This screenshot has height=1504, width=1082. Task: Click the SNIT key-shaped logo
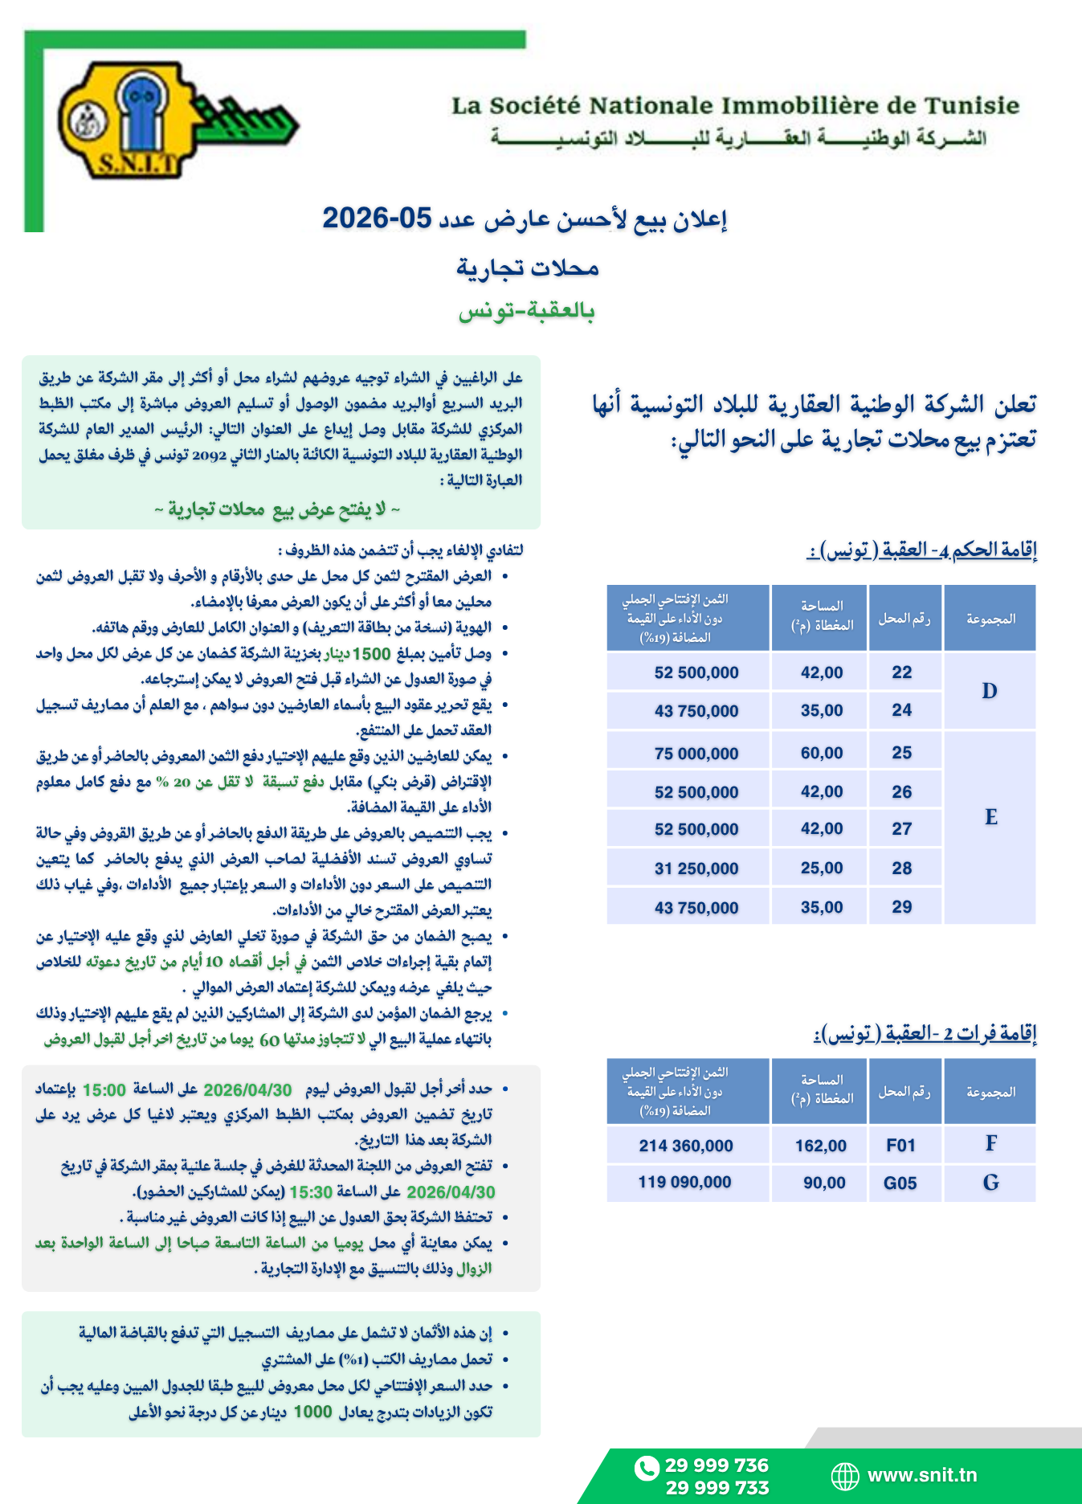(177, 121)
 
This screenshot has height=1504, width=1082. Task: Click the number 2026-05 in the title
(377, 218)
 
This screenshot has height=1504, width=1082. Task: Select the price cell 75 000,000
(696, 754)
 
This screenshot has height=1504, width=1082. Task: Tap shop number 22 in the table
(902, 672)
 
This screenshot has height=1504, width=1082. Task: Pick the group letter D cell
(990, 691)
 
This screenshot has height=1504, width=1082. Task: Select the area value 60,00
(822, 754)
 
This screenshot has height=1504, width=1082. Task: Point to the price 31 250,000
(696, 868)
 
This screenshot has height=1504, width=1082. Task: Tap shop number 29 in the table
(902, 907)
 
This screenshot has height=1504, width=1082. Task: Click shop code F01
(901, 1146)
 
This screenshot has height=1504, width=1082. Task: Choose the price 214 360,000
(686, 1146)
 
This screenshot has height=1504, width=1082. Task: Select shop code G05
(900, 1183)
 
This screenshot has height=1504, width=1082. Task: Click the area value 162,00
(821, 1146)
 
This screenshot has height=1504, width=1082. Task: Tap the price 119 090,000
(684, 1183)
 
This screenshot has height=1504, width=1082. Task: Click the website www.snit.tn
(922, 1475)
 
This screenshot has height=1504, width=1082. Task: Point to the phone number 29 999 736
(717, 1465)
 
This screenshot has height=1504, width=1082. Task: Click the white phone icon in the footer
(646, 1468)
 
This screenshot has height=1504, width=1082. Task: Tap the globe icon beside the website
(844, 1476)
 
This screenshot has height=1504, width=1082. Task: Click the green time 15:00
(104, 1090)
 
